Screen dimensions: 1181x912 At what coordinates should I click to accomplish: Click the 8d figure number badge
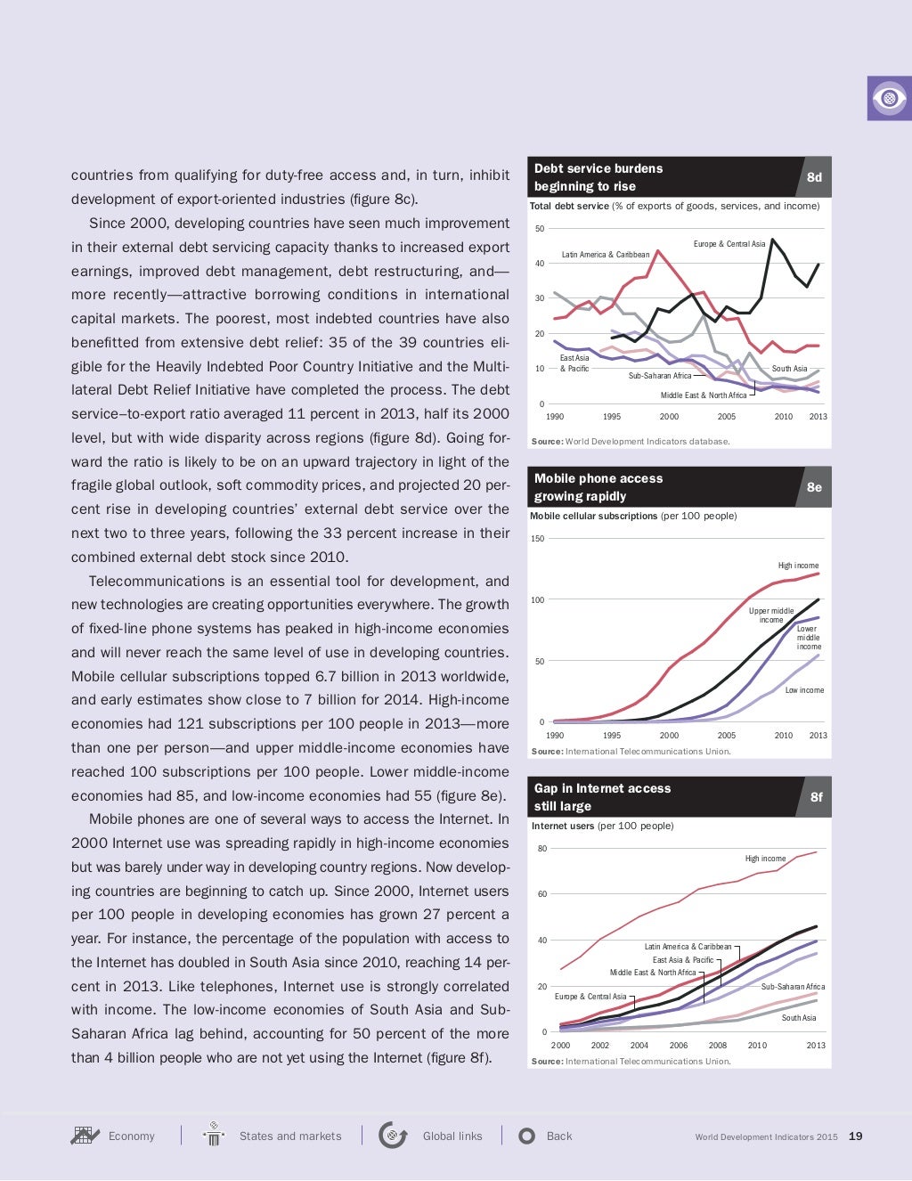pyautogui.click(x=814, y=177)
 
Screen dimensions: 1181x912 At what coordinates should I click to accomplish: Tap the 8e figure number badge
pyautogui.click(x=814, y=487)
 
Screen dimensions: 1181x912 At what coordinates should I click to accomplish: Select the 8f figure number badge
pyautogui.click(x=816, y=797)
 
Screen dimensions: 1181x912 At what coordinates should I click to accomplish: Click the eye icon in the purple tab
pyautogui.click(x=889, y=98)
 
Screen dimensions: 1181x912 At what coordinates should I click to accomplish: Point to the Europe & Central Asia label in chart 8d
pyautogui.click(x=729, y=244)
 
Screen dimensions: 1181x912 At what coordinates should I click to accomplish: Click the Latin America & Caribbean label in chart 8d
pyautogui.click(x=605, y=255)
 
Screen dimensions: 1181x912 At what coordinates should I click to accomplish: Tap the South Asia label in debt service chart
pyautogui.click(x=789, y=369)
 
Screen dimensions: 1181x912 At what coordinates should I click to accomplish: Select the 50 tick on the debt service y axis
pyautogui.click(x=540, y=229)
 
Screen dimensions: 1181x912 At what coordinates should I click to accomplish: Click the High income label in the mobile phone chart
pyautogui.click(x=798, y=566)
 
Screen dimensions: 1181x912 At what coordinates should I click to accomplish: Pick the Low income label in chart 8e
pyautogui.click(x=804, y=690)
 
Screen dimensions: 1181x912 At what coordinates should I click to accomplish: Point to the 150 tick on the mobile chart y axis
pyautogui.click(x=537, y=539)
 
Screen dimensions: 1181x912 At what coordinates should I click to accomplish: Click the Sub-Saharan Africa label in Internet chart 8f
pyautogui.click(x=793, y=987)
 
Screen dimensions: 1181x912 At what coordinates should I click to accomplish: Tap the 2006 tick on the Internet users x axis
pyautogui.click(x=679, y=1046)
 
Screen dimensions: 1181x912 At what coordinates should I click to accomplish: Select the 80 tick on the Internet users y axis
pyautogui.click(x=541, y=849)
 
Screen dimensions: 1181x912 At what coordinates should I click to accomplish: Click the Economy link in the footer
pyautogui.click(x=131, y=1136)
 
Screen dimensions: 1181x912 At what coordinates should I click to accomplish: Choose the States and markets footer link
pyautogui.click(x=289, y=1136)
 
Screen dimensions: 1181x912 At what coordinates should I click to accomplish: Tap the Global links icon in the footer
pyautogui.click(x=393, y=1136)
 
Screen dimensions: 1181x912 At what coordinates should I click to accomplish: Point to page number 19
pyautogui.click(x=855, y=1136)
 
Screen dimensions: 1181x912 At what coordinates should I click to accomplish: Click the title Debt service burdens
pyautogui.click(x=598, y=168)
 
